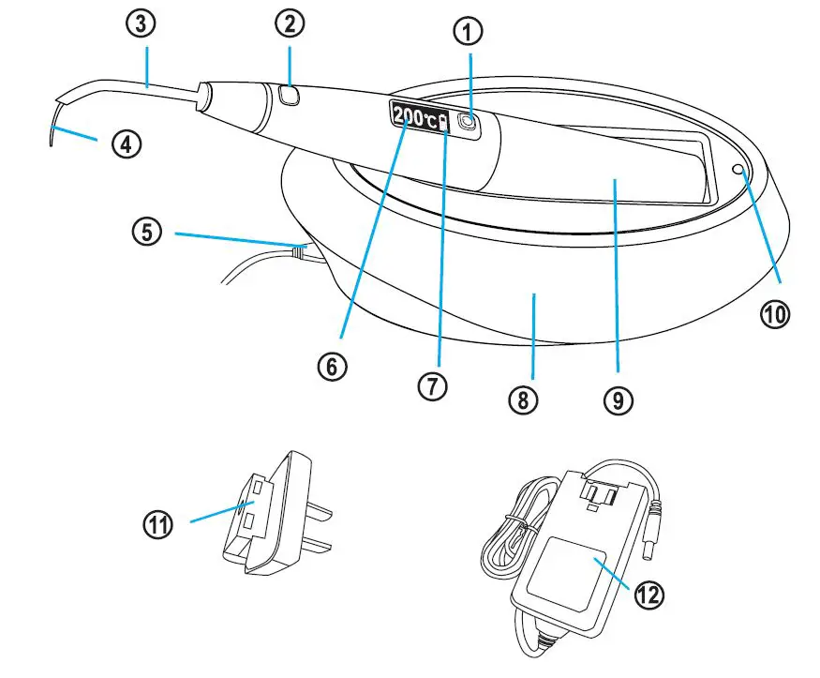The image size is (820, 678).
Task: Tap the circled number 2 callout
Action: [291, 29]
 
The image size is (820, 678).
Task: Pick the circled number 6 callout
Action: [329, 366]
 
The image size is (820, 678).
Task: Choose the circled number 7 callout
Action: [433, 385]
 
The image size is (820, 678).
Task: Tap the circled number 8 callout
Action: [523, 400]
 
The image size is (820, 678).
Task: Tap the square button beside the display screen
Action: [467, 120]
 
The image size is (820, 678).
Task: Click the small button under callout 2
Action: [288, 94]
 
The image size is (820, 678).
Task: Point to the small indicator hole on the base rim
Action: [739, 170]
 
